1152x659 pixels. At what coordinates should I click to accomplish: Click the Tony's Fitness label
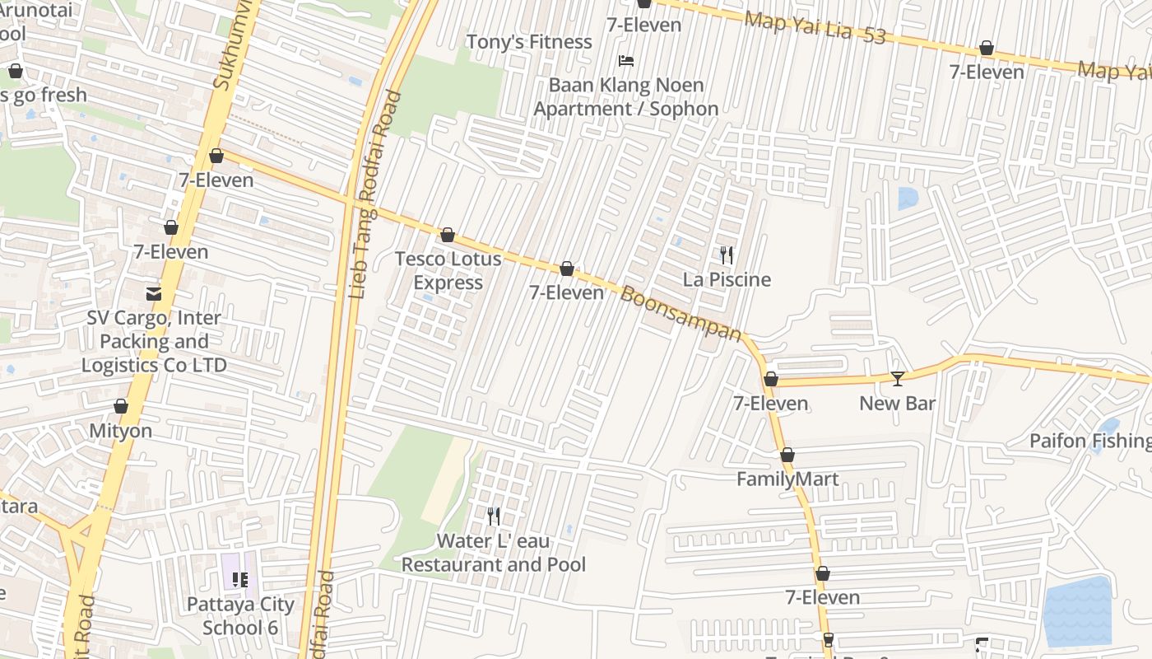529,42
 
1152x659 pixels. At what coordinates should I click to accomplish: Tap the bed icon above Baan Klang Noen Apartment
626,61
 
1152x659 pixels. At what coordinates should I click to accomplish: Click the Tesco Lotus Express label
448,270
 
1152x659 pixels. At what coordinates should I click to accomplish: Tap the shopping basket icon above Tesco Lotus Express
448,236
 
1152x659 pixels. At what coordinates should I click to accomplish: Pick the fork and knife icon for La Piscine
727,255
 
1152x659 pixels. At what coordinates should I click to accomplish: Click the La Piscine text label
727,280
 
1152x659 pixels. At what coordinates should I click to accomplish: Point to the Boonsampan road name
681,313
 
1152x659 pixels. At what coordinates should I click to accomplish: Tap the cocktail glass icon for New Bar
898,379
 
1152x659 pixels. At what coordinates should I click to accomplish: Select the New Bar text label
898,404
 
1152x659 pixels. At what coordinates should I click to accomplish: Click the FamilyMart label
787,479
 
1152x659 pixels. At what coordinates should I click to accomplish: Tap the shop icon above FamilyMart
787,456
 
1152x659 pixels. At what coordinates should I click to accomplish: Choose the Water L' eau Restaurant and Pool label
494,553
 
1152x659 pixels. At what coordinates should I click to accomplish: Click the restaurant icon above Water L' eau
494,516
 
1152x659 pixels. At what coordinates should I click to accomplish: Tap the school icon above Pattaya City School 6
239,580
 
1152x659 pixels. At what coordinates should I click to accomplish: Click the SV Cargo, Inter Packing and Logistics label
154,341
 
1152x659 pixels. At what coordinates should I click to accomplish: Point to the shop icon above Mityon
121,407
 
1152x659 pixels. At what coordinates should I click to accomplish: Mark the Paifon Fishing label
1090,442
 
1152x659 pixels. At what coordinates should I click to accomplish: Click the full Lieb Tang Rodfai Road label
372,194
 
